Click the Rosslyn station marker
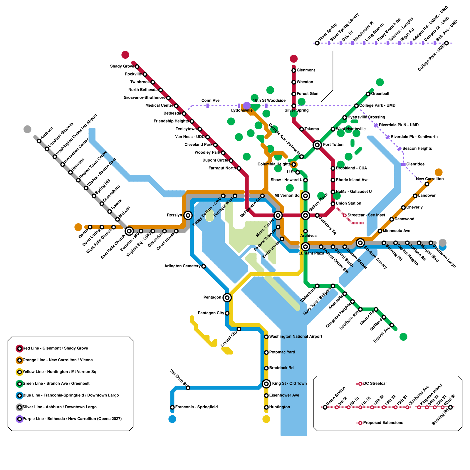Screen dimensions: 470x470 coord(188,215)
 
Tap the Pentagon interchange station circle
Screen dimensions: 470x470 coord(227,298)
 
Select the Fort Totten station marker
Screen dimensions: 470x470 coord(317,145)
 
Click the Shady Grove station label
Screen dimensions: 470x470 coord(122,66)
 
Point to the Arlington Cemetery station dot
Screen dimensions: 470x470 coord(204,266)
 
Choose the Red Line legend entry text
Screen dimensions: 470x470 coord(55,348)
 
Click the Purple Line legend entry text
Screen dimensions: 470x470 coord(72,419)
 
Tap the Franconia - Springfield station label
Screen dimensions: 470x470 coord(196,407)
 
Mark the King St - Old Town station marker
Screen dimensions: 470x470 coord(266,384)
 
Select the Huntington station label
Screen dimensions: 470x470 coord(279,407)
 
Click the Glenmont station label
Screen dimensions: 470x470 coord(305,70)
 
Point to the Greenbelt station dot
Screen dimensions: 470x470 coord(368,94)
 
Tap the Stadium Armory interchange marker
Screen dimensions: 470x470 coord(360,243)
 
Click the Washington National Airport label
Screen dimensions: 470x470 coord(296,337)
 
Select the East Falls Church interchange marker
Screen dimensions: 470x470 coord(129,231)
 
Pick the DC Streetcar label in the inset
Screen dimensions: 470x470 coord(375,384)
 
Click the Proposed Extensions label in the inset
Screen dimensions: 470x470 coord(383,423)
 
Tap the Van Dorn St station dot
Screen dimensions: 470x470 coord(188,388)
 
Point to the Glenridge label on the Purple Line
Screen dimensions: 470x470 coord(415,164)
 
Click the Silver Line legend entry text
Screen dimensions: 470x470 coord(59,407)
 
